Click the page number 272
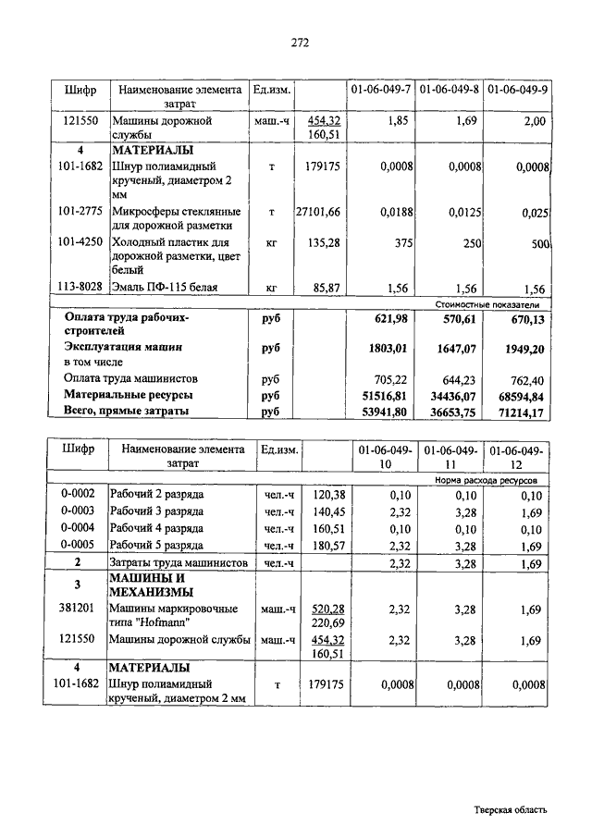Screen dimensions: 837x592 click(299, 43)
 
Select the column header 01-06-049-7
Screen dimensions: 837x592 click(380, 90)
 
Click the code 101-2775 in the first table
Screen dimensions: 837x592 click(80, 212)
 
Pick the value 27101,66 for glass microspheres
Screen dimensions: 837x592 click(317, 213)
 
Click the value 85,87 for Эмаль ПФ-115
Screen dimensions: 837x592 click(327, 288)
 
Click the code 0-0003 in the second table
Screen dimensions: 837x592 click(79, 511)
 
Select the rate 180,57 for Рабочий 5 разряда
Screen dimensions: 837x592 click(326, 545)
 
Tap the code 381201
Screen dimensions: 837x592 click(79, 609)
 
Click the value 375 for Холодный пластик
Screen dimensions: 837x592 click(400, 244)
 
